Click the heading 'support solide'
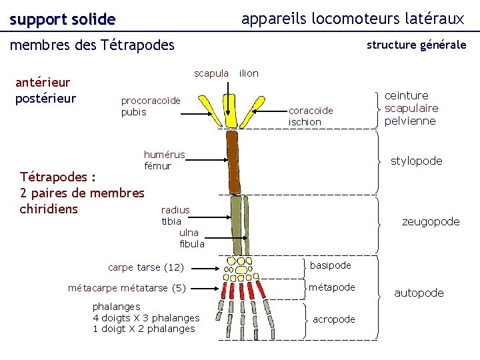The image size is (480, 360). coord(63,20)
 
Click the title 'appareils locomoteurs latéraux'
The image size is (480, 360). coord(352,19)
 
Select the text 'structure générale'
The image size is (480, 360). coord(416,45)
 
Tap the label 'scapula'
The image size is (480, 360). coord(211,73)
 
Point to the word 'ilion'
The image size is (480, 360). coord(249,73)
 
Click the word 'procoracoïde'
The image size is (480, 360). coord(151,101)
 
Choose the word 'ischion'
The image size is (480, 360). coord(305,122)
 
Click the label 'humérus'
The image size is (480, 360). coord(164,155)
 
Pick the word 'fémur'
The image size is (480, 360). coord(157,165)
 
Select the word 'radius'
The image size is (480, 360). coord(175,210)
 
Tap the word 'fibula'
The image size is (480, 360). coord(192,244)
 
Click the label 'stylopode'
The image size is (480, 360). coord(416,161)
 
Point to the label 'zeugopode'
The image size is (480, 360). coord(430,221)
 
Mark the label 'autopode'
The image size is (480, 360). coord(419,293)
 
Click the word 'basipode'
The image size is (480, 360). coord(330,265)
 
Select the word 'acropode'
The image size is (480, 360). coord(333,319)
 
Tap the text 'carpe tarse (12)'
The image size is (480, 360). coord(145,267)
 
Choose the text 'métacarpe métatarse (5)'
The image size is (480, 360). coord(127,288)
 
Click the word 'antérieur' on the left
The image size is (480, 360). coord(43,83)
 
